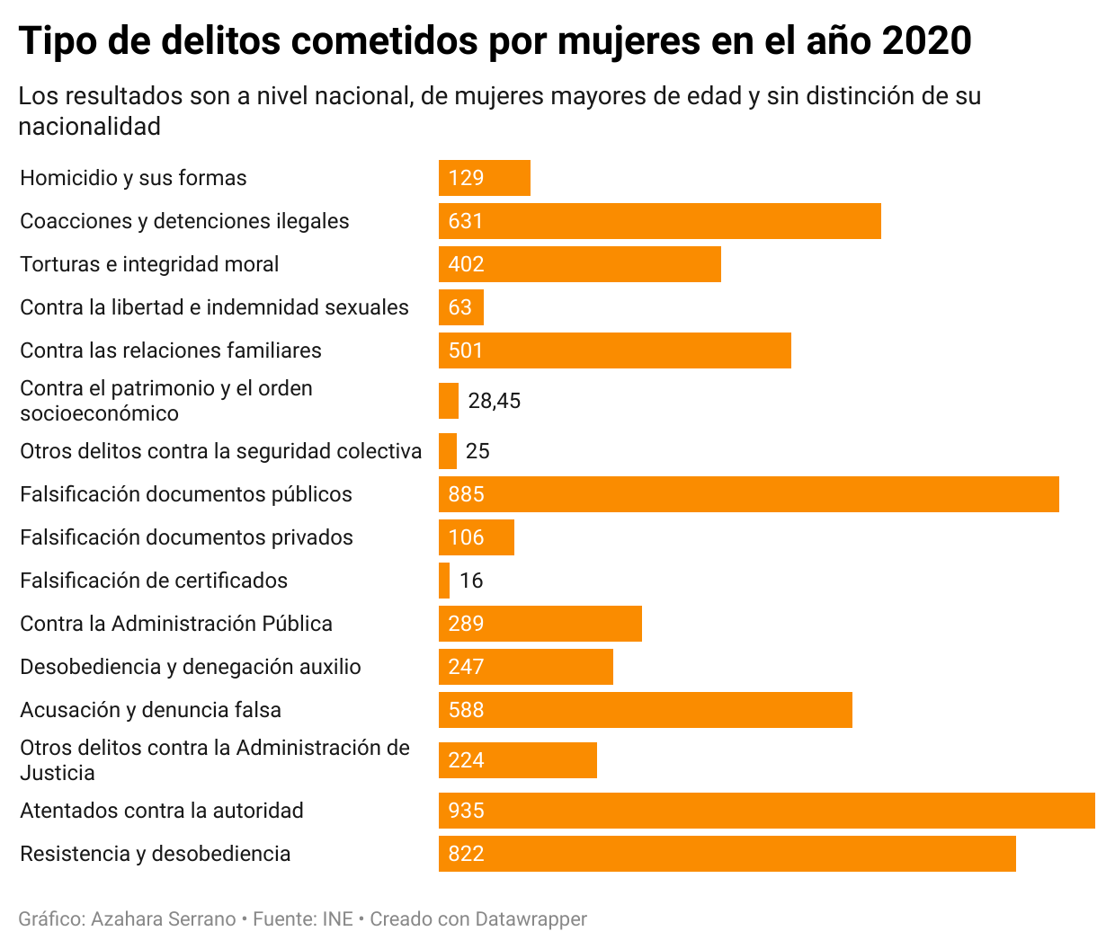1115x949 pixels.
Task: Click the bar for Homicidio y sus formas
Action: (x=485, y=178)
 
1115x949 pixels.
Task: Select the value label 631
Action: (x=466, y=221)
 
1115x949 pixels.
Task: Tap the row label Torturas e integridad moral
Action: (x=149, y=264)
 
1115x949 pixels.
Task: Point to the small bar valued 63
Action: (x=461, y=307)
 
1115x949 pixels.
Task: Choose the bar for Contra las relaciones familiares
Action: (x=615, y=350)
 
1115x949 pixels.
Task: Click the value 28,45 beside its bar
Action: (x=495, y=401)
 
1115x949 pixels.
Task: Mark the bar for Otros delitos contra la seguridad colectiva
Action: (x=448, y=451)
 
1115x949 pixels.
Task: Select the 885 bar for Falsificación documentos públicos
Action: (x=749, y=494)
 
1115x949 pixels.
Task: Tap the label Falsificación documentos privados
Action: (x=187, y=537)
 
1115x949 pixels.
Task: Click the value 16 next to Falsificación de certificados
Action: (x=471, y=581)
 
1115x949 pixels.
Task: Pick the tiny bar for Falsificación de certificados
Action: (x=444, y=581)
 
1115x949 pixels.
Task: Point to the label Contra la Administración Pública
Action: (x=176, y=624)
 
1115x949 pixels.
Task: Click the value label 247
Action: (x=466, y=667)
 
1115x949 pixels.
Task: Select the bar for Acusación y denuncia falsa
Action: (x=646, y=710)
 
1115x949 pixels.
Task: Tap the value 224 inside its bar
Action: (x=466, y=760)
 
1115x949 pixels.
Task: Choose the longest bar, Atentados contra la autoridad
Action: (x=767, y=811)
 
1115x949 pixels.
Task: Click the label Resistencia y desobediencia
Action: (x=156, y=854)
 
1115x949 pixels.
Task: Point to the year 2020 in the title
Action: (x=927, y=40)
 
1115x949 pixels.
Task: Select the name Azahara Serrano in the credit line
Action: (x=164, y=919)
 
